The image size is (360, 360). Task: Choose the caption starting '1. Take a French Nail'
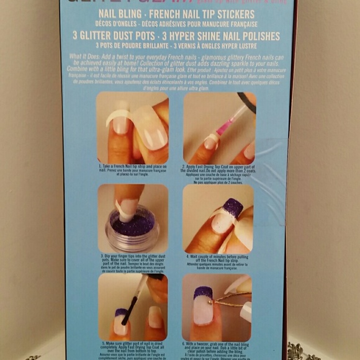click(x=132, y=171)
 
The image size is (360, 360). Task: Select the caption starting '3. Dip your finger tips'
click(x=132, y=261)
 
